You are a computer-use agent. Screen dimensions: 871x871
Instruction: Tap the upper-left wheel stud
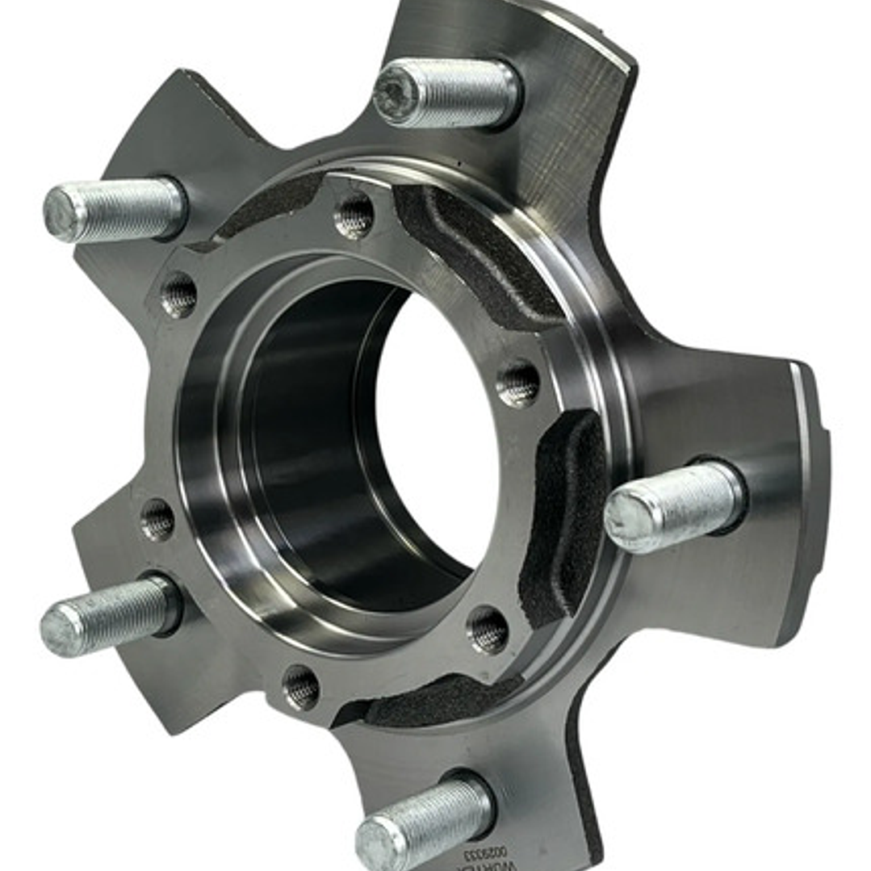click(x=114, y=209)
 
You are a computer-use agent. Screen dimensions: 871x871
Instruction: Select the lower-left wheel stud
click(x=109, y=615)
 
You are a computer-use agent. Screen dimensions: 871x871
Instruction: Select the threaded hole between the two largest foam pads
click(x=517, y=384)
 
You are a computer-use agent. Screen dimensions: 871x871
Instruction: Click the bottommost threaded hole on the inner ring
click(x=300, y=688)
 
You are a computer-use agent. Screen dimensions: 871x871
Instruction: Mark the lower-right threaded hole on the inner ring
click(x=488, y=630)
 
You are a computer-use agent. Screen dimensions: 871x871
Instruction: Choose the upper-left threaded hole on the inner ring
click(x=179, y=295)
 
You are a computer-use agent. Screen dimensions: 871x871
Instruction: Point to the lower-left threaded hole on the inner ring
click(x=157, y=519)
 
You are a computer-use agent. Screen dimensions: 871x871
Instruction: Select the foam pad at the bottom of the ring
click(x=436, y=702)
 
